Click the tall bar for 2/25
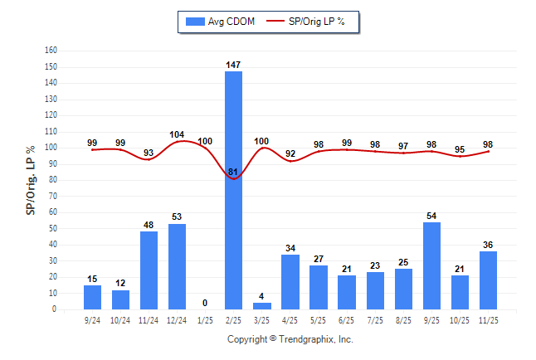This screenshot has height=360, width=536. pyautogui.click(x=233, y=190)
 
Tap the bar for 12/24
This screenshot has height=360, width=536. pyautogui.click(x=177, y=266)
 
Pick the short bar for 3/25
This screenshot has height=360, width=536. pyautogui.click(x=261, y=306)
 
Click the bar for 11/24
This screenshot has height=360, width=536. pyautogui.click(x=149, y=270)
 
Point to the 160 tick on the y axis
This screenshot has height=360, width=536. pyautogui.click(x=51, y=50)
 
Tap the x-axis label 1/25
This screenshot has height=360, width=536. pyautogui.click(x=205, y=319)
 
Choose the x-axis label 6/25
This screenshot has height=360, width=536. pyautogui.click(x=346, y=319)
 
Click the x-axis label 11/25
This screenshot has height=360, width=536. pyautogui.click(x=487, y=319)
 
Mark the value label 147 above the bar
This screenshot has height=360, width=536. pyautogui.click(x=233, y=64)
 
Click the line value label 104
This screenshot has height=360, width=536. pyautogui.click(x=177, y=134)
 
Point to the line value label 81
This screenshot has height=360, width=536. pyautogui.click(x=233, y=172)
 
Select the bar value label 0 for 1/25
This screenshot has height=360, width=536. pyautogui.click(x=205, y=303)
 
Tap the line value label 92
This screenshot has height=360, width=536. pyautogui.click(x=290, y=153)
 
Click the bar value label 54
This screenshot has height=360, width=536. pyautogui.click(x=431, y=216)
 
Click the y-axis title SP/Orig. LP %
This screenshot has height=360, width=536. pyautogui.click(x=31, y=180)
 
